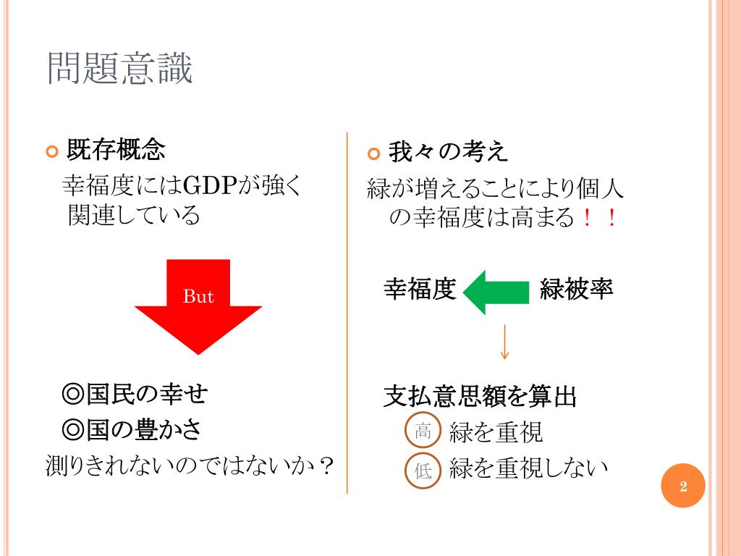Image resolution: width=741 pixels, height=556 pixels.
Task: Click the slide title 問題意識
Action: pos(120,69)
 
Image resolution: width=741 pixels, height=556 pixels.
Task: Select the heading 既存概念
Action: pos(116,150)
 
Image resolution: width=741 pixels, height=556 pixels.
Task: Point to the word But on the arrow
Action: pos(198,296)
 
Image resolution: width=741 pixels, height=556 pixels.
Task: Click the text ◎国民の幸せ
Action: pos(135,395)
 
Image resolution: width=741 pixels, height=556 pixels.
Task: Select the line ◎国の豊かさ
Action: pos(132,429)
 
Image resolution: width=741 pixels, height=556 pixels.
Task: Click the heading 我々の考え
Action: pos(448,152)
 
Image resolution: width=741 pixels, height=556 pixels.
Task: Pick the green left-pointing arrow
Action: pos(496,292)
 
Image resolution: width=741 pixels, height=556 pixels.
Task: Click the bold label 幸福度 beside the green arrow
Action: pos(420,290)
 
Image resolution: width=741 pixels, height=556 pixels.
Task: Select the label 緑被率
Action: pos(577,290)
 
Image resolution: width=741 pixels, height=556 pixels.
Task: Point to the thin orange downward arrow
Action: pos(504,342)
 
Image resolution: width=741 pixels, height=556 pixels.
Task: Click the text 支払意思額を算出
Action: pos(480,397)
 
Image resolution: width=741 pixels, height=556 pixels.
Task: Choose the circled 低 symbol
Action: pos(423,471)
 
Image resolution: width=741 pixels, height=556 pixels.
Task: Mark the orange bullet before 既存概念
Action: pos(51,152)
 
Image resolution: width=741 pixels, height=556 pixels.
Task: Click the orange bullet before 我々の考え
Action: pos(373,153)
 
